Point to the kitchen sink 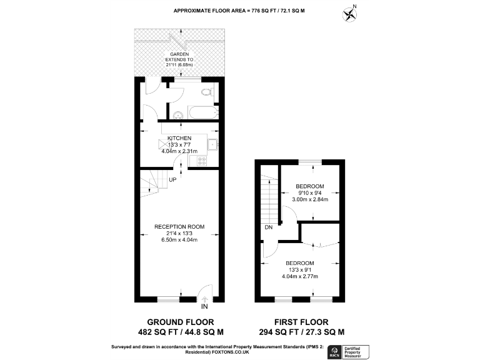point(212,144)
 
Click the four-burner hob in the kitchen point(202,161)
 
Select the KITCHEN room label point(179,137)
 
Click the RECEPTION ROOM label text point(179,226)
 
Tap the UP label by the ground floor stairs point(172,179)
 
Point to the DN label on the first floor point(269,228)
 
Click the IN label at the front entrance point(204,307)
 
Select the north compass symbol point(349,12)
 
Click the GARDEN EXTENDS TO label point(179,57)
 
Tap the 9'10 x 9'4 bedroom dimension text point(310,193)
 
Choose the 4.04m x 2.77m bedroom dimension point(301,276)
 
